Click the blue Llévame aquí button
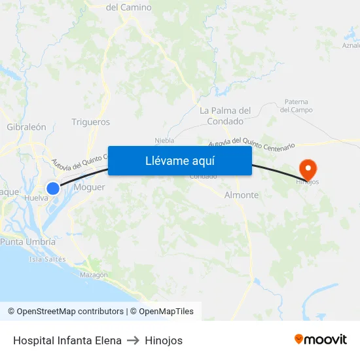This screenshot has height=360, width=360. coord(179,160)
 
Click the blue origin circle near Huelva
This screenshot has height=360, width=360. coord(53,188)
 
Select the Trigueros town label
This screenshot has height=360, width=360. coord(90,122)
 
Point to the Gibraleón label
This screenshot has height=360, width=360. coord(26,127)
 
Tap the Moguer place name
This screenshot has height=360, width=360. coord(90,187)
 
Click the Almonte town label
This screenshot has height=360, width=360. coord(241,195)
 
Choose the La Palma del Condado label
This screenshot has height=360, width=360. coord(225,116)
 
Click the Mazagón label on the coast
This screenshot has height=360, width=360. coord(94,275)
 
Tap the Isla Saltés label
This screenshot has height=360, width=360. coord(48,259)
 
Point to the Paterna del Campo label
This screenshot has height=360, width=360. coord(298,105)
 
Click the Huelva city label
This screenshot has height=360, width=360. coord(36,198)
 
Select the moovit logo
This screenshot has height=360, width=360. coord(321,340)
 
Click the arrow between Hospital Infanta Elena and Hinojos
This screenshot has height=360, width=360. coord(133,340)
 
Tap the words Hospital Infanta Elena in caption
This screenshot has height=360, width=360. coord(67,340)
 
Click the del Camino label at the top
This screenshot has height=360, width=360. coord(128,7)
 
